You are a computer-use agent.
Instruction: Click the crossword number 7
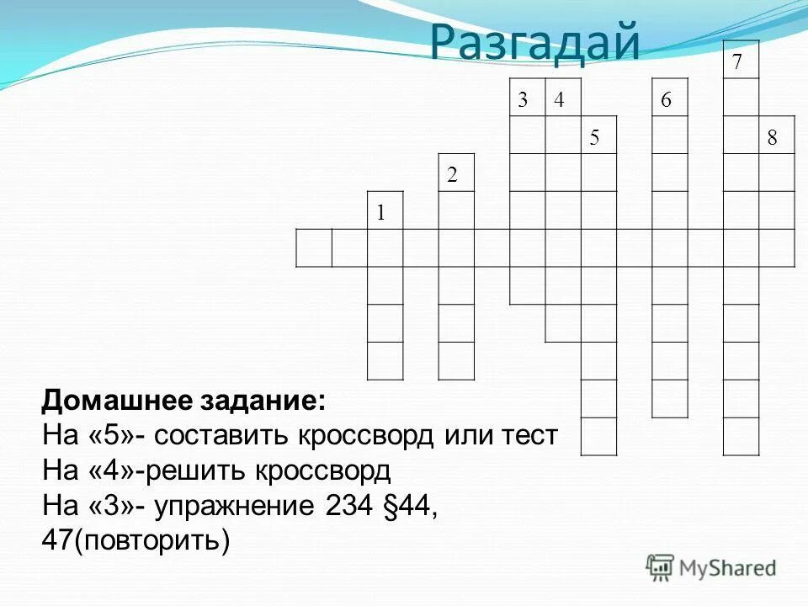coord(737,63)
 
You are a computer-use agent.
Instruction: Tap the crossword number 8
coord(772,138)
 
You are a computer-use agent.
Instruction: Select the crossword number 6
coord(666,100)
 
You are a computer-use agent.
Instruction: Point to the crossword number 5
coord(594,138)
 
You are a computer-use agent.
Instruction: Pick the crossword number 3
coord(523,100)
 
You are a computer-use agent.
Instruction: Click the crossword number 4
coord(558,100)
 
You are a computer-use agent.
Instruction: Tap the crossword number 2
coord(452,175)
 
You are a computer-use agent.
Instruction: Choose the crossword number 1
coord(380,213)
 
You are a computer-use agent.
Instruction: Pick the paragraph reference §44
coord(405,503)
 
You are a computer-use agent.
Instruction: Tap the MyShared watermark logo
coord(711,568)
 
